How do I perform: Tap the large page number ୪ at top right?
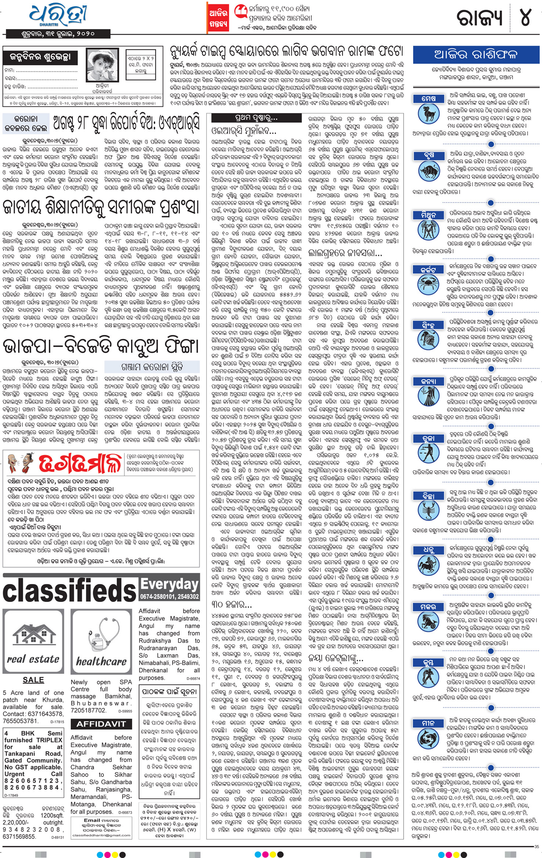click(x=525, y=17)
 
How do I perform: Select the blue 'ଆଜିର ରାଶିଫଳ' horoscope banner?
click(x=476, y=55)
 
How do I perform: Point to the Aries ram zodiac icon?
click(x=428, y=113)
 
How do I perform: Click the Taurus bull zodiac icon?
click(x=428, y=171)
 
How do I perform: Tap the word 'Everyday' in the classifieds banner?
click(x=170, y=584)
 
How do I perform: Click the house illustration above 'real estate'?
click(x=33, y=636)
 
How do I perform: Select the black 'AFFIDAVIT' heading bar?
click(x=101, y=724)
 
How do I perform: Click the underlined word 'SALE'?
click(x=33, y=680)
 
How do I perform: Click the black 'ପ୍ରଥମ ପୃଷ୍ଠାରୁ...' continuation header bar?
click(x=257, y=118)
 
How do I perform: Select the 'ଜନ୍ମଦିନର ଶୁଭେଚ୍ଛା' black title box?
click(x=40, y=57)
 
